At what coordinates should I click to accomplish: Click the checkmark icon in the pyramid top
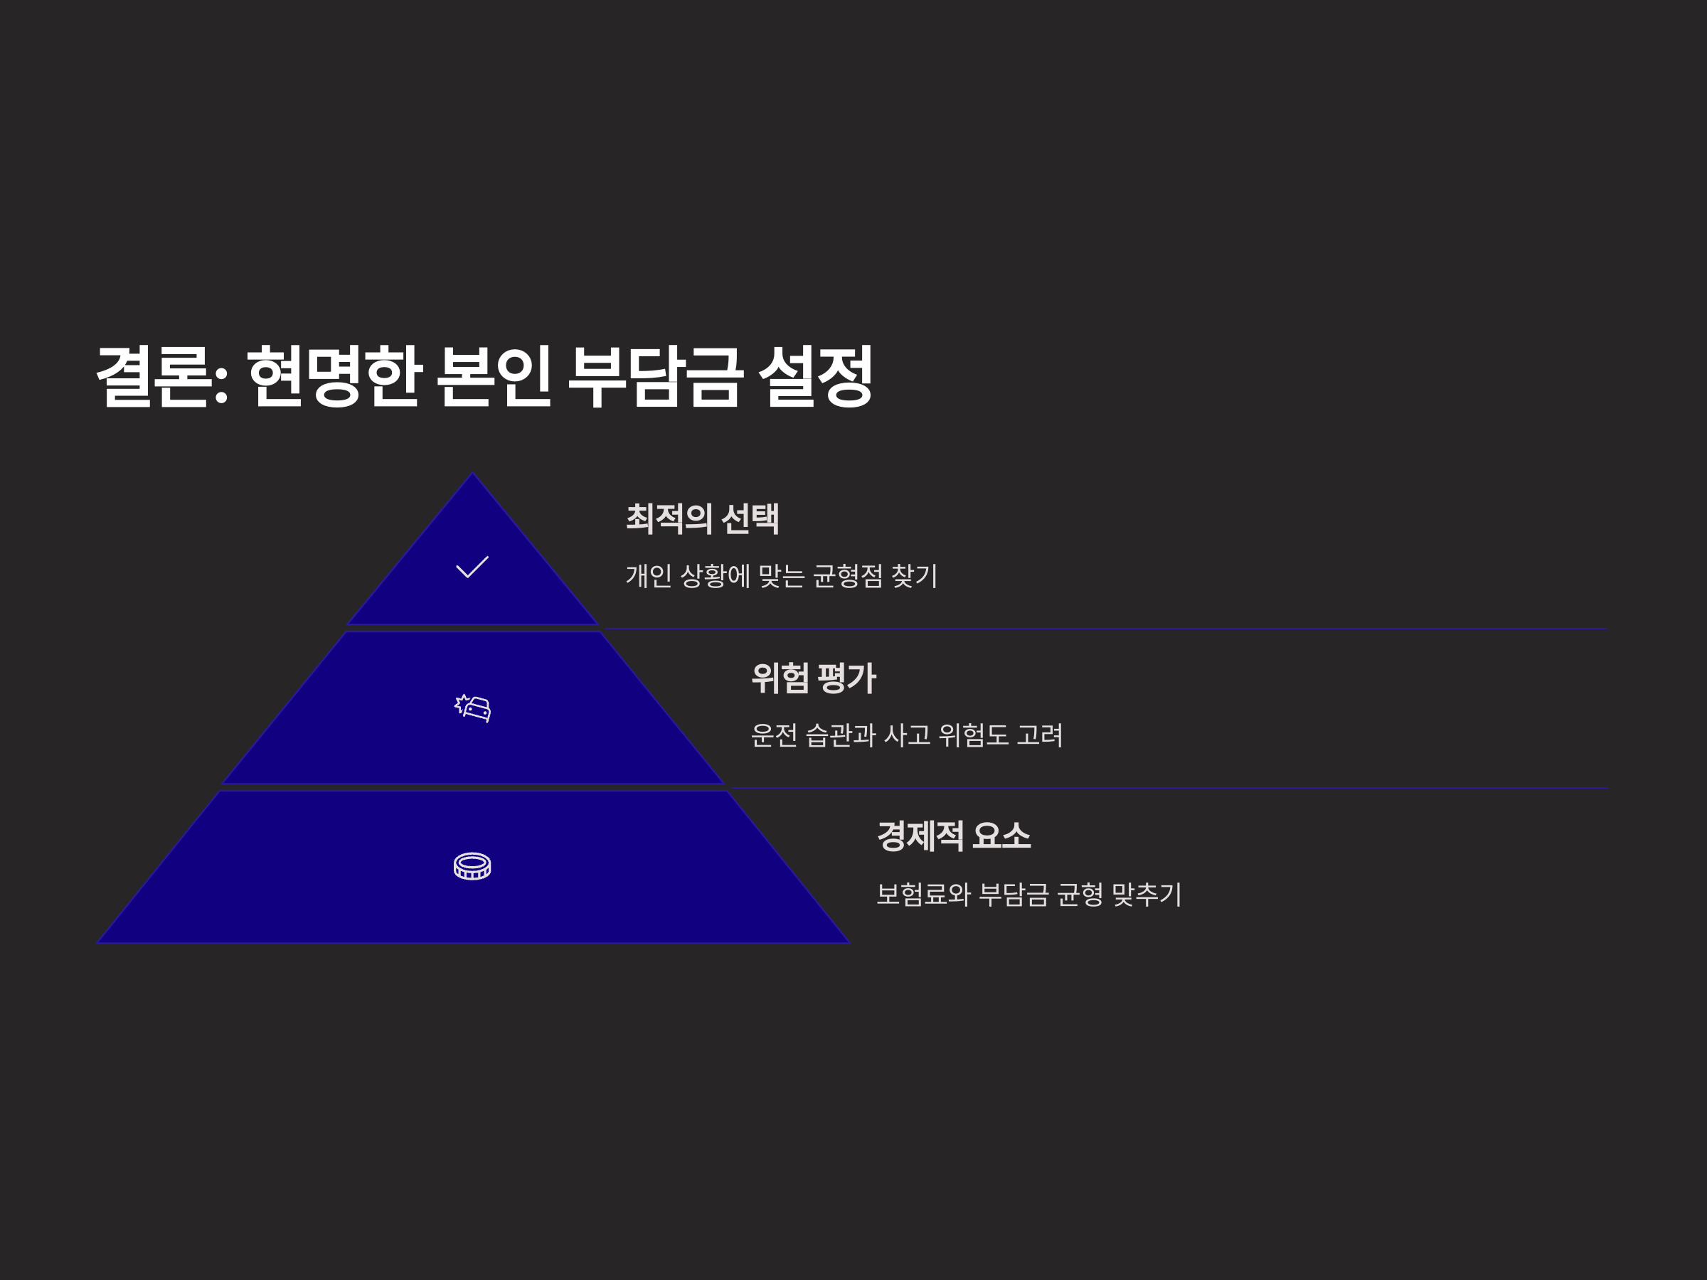(472, 567)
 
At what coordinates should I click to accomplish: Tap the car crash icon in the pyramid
(472, 708)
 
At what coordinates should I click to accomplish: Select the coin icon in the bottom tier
(472, 865)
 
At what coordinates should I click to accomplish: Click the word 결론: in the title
(162, 376)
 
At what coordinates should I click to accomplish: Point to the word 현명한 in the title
(334, 376)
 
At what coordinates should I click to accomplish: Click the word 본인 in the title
(494, 376)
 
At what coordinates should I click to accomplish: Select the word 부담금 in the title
(655, 376)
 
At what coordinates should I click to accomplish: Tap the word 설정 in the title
(816, 376)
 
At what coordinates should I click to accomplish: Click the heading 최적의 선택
(702, 518)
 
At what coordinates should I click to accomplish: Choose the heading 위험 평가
(814, 678)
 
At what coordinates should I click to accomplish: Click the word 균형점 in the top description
(847, 576)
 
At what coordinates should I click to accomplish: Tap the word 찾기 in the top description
(915, 576)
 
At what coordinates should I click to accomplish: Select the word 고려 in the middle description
(1039, 735)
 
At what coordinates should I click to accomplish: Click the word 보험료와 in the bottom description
(923, 895)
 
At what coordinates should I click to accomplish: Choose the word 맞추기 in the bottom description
(1147, 895)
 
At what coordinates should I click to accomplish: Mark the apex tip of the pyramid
(473, 474)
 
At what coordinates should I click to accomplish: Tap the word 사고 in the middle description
(907, 735)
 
